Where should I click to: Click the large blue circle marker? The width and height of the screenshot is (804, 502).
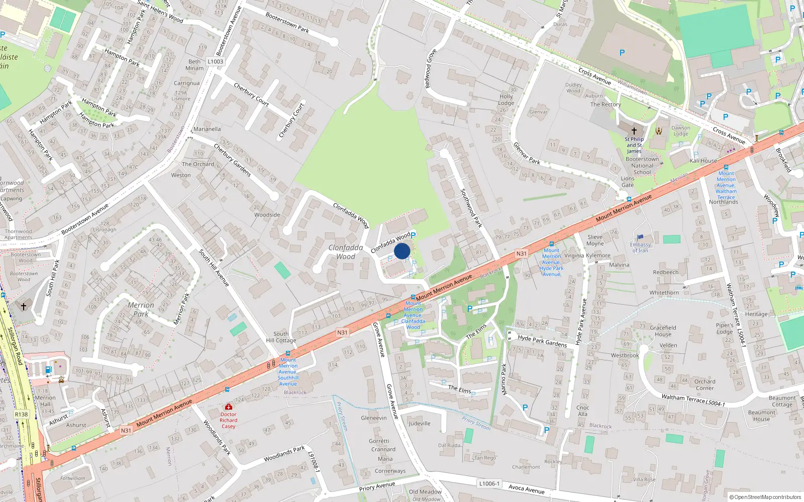click(402, 251)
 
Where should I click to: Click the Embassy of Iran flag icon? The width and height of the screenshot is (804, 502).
click(640, 237)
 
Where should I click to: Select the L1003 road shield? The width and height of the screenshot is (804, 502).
click(215, 62)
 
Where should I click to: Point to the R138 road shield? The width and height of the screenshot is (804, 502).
click(22, 415)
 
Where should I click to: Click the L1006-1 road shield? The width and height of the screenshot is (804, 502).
click(489, 483)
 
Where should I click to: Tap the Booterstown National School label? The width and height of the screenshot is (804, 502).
click(642, 166)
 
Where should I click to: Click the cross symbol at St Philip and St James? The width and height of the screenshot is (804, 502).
click(634, 131)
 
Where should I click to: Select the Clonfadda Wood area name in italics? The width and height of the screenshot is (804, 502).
click(345, 252)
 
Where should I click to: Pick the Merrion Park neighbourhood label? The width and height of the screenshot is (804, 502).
click(141, 309)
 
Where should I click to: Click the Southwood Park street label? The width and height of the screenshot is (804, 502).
click(471, 208)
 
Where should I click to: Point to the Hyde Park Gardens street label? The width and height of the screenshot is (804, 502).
click(542, 341)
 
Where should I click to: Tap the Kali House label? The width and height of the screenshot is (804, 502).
click(703, 161)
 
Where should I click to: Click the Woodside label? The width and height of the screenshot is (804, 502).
click(267, 215)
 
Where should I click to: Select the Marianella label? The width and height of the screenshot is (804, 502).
click(207, 129)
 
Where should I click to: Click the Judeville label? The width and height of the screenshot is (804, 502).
click(419, 423)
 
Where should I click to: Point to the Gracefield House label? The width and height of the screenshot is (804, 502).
click(663, 331)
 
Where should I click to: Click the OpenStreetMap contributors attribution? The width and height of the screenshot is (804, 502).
click(765, 497)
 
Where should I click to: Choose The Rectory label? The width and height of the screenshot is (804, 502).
click(606, 104)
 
